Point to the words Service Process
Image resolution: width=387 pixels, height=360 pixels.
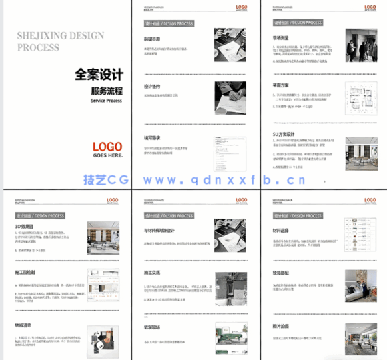click(106, 101)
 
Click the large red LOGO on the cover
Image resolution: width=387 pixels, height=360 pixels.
click(107, 146)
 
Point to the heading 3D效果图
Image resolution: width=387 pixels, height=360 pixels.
click(25, 227)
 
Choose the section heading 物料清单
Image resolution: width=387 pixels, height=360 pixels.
click(25, 325)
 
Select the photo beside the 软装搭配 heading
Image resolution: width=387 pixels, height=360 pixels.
click(360, 287)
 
